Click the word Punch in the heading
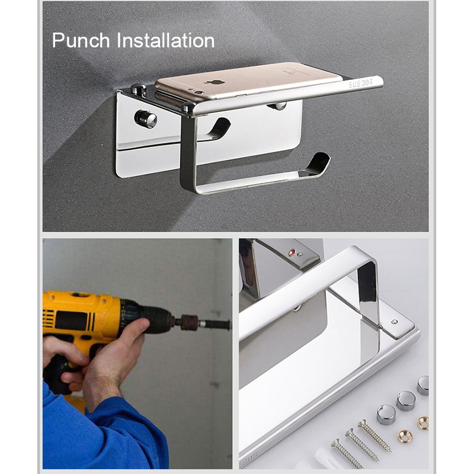click(81, 41)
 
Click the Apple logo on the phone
click(214, 82)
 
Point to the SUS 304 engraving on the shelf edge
click(360, 82)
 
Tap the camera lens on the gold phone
click(198, 92)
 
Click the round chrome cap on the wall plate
click(146, 119)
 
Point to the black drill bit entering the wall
click(215, 324)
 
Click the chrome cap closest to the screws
click(386, 414)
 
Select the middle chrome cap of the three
click(406, 401)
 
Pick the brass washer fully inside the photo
click(405, 436)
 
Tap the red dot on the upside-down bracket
click(292, 253)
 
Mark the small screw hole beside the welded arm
click(394, 322)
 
